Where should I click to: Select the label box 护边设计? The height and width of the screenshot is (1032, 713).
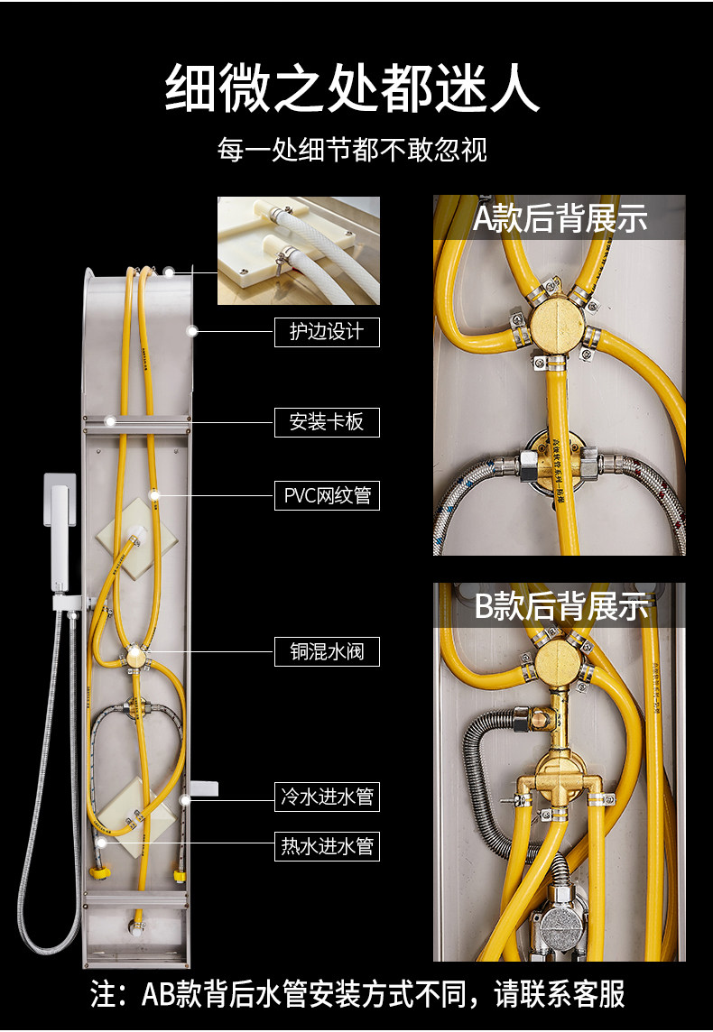click(327, 332)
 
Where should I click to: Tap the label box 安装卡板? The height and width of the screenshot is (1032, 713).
click(327, 421)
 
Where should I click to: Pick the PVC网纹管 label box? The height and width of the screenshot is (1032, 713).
click(327, 495)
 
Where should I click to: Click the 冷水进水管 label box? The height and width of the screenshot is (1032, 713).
click(327, 797)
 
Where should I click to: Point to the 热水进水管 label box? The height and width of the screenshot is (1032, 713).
click(327, 846)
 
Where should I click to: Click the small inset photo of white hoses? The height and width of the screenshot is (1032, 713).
click(299, 250)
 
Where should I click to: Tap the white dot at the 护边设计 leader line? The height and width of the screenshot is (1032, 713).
click(191, 332)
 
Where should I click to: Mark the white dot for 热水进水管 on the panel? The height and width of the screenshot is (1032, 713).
click(101, 842)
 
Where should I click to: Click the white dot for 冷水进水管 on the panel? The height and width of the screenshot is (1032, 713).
click(184, 797)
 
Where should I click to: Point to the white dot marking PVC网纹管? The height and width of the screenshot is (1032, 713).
click(154, 495)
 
